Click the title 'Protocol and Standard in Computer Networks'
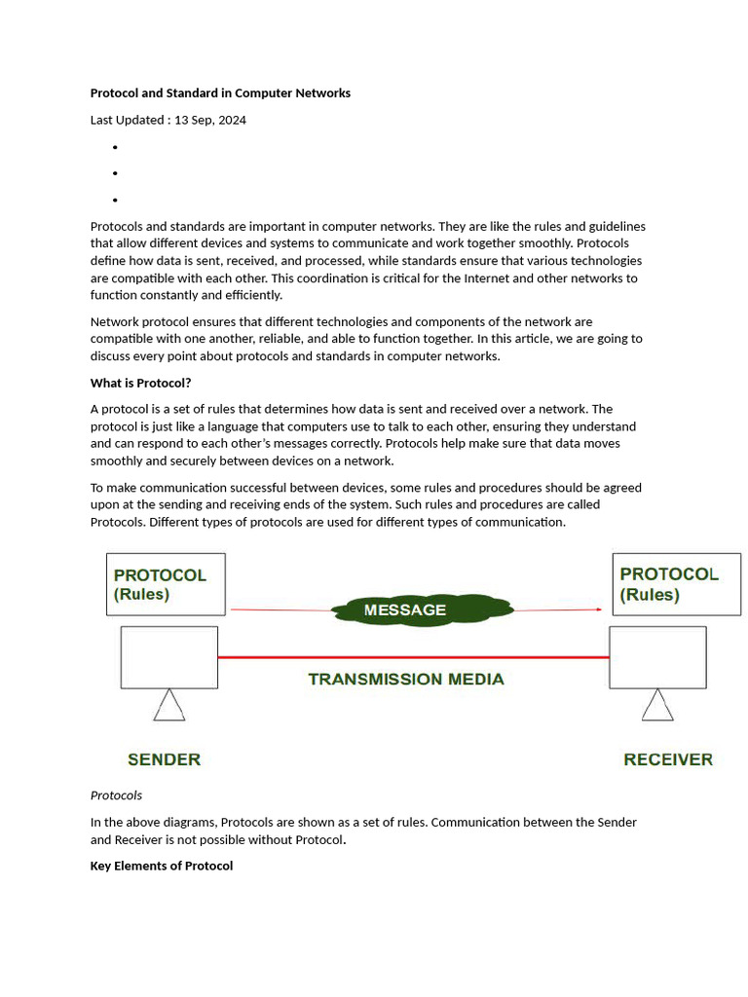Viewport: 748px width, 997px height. coord(220,93)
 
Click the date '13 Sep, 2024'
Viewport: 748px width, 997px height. coord(209,120)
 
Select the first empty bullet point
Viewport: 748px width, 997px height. coord(115,147)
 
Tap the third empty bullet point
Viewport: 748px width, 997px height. coord(115,200)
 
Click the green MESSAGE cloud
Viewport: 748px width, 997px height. coord(421,610)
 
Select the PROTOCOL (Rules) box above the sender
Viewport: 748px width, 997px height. coord(166,584)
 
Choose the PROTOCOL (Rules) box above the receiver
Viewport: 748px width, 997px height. coord(675,584)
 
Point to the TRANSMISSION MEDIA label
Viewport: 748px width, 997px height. coord(406,680)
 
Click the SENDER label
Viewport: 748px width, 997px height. coord(164,759)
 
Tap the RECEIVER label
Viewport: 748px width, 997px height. coord(668,759)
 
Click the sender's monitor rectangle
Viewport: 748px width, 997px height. coord(169,657)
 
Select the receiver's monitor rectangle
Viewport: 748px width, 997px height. coord(657,657)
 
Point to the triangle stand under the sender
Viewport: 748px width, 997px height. coord(169,706)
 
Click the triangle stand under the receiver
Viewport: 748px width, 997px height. coord(657,706)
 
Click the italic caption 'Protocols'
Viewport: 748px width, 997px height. coord(116,795)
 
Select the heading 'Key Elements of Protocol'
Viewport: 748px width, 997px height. coord(162,866)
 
